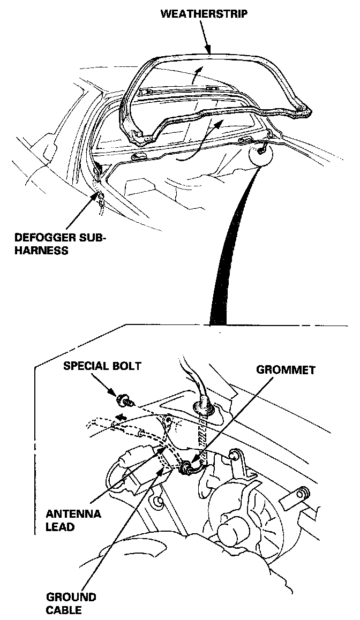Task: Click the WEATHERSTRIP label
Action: pos(204,14)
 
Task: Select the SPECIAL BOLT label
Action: pos(102,366)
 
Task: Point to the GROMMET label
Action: pos(286,369)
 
